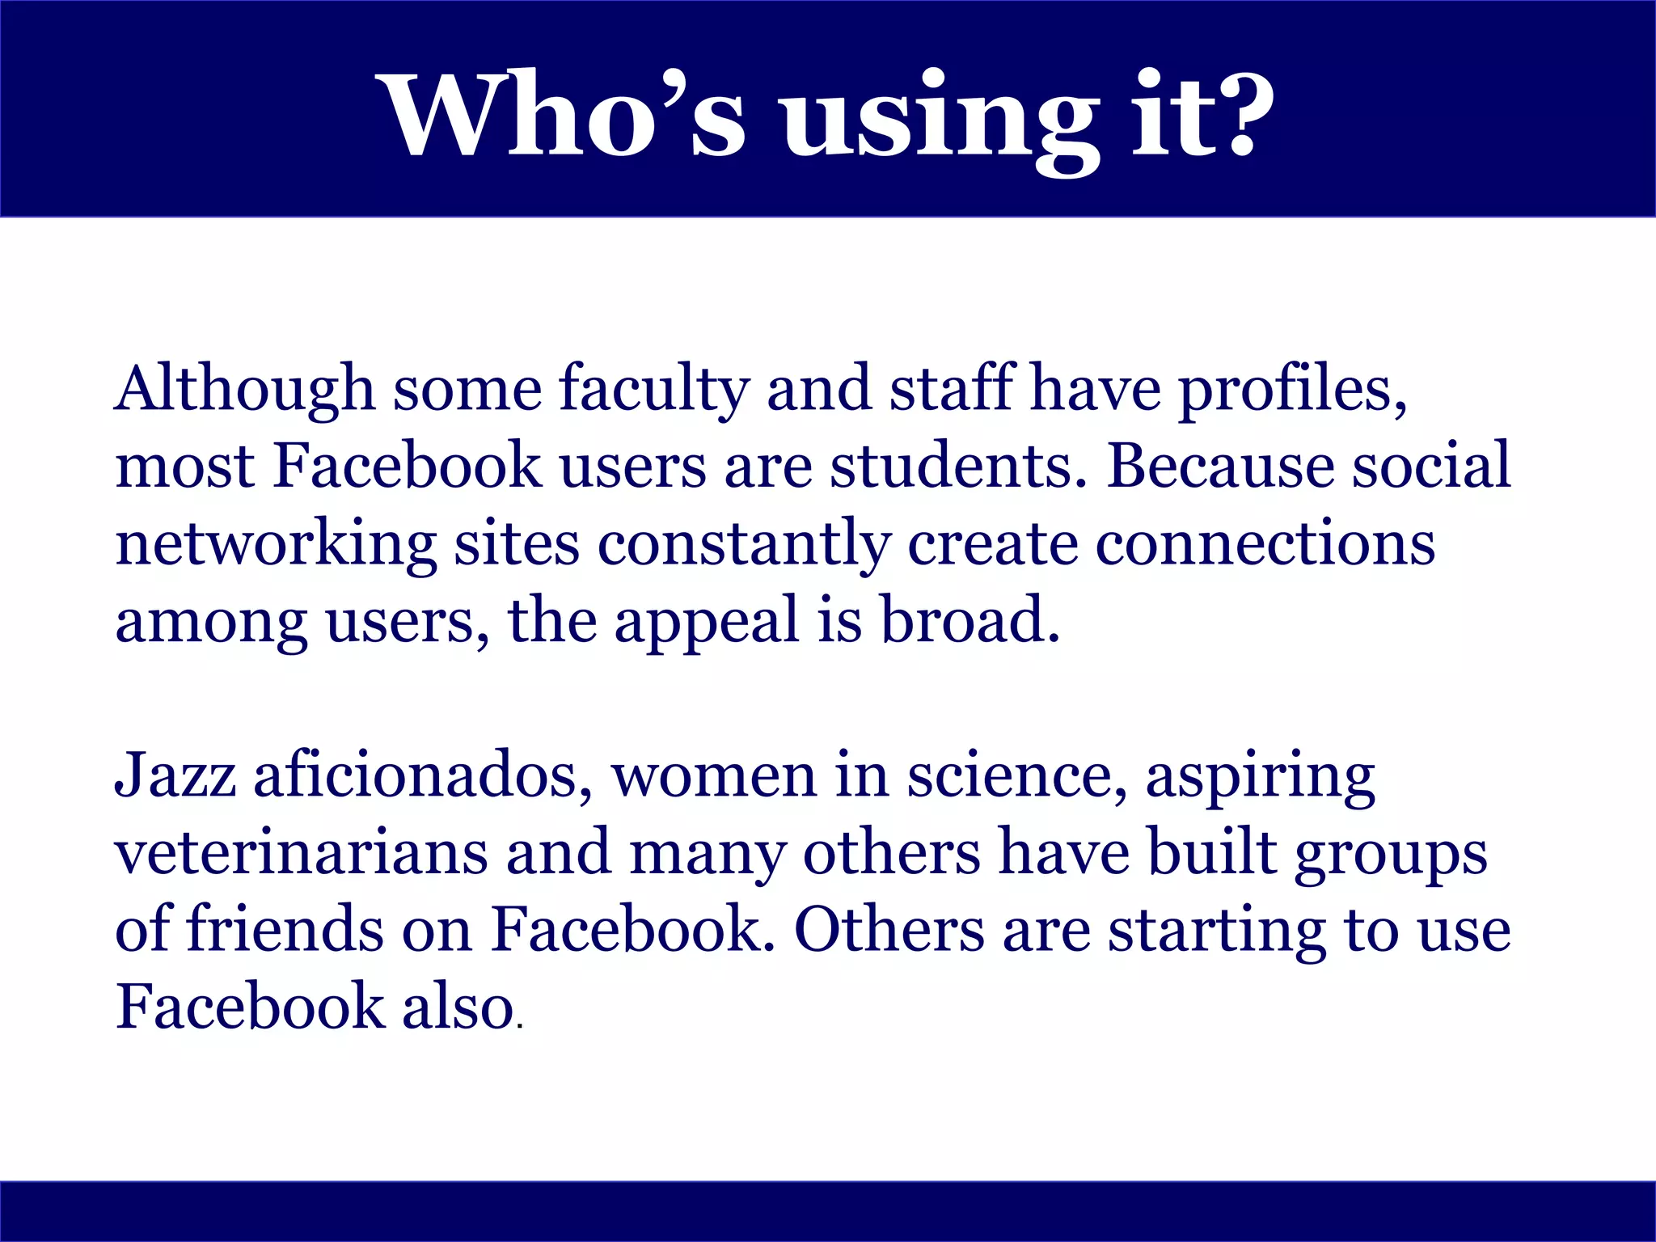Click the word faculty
pos(653,390)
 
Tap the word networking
pos(276,544)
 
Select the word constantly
pos(744,544)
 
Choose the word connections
pos(1265,544)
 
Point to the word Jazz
pos(175,775)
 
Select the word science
pos(1016,775)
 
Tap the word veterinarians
pos(301,853)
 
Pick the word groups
pos(1391,853)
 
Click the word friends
pos(285,930)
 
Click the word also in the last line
pos(458,1008)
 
